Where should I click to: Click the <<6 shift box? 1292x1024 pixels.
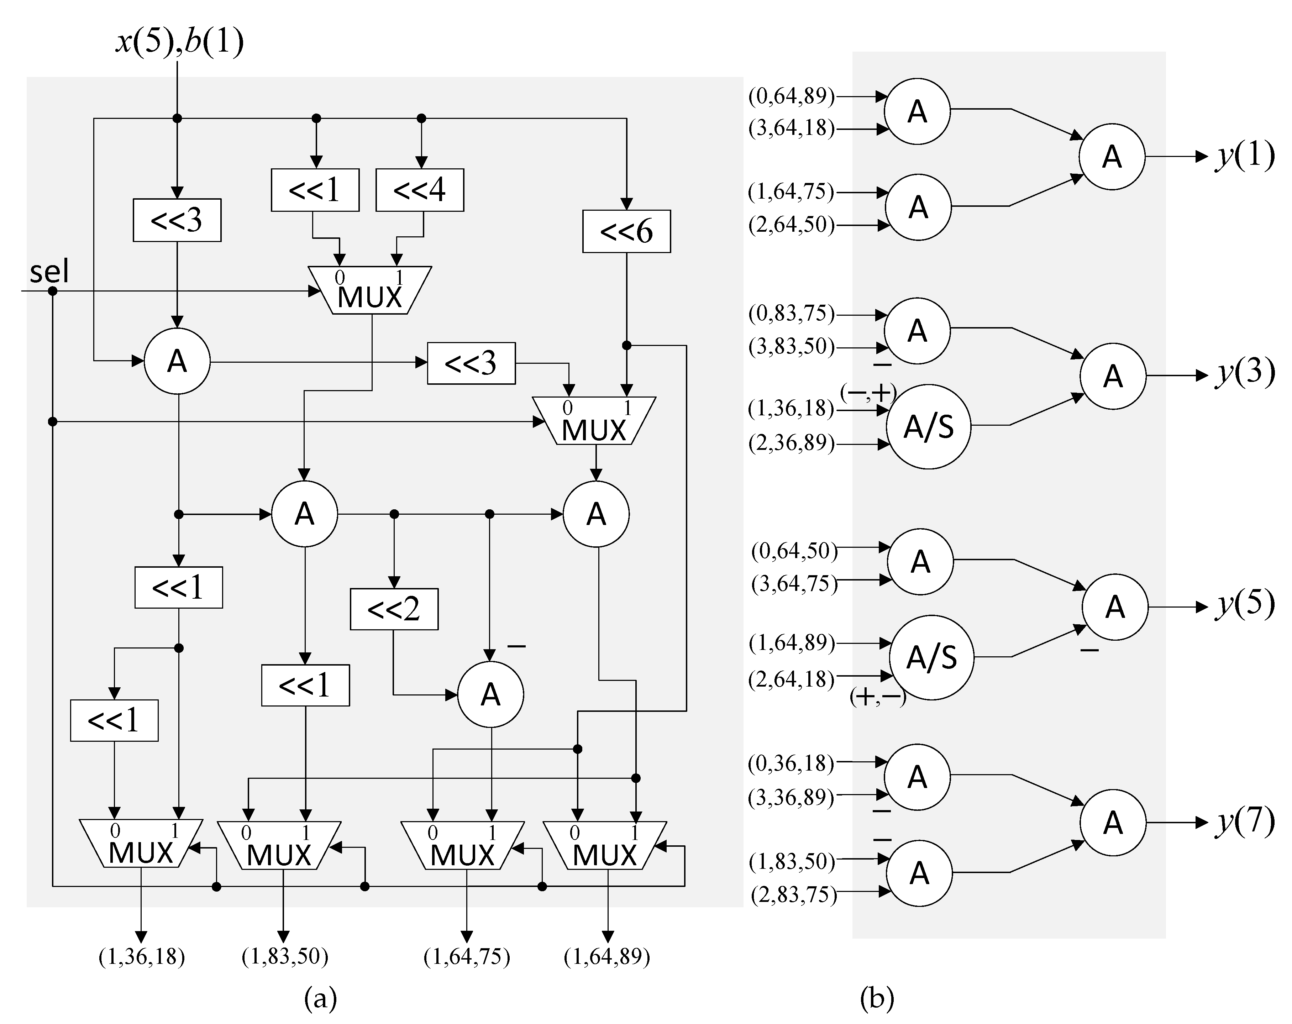click(x=626, y=231)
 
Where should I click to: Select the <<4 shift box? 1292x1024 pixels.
click(x=420, y=190)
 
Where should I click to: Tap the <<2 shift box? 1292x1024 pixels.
click(x=394, y=609)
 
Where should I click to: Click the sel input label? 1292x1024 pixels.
click(x=49, y=272)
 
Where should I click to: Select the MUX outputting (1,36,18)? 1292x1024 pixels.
click(x=141, y=844)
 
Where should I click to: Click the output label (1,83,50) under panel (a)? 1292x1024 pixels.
click(x=285, y=957)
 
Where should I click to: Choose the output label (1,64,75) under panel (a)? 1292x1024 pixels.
click(x=467, y=957)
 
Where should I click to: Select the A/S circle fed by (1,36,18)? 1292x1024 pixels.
click(x=928, y=427)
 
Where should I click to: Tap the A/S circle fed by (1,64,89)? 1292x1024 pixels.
click(x=931, y=657)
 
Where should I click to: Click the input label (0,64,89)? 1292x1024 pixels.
click(x=791, y=96)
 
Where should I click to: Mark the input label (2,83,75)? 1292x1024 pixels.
click(x=793, y=894)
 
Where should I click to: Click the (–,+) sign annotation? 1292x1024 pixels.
click(x=868, y=393)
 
